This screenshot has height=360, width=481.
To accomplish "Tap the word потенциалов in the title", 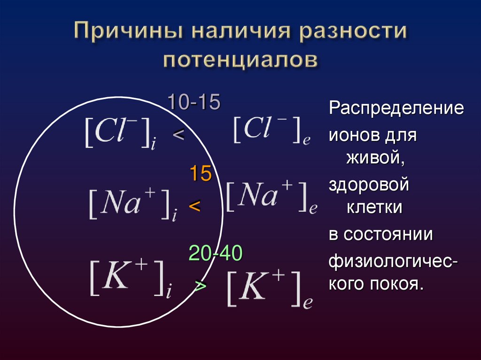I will coord(240,61).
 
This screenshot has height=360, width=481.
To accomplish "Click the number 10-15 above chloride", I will coord(194,103).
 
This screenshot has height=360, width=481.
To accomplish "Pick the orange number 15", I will coord(201,175).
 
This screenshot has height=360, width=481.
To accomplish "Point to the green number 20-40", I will coord(215,254).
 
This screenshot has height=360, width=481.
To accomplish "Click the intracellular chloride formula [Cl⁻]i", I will coord(120,133).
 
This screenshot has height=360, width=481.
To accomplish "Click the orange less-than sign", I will coord(194,205).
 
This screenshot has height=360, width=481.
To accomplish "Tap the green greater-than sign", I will coord(200,286).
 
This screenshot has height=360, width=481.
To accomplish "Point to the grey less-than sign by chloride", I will coord(178,135).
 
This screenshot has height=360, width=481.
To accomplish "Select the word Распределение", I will coord(396,109).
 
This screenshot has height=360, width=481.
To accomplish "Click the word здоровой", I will coord(369,184).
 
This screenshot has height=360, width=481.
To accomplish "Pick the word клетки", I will coord(374,207).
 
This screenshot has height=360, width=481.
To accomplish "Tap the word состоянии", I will coord(388,234).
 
